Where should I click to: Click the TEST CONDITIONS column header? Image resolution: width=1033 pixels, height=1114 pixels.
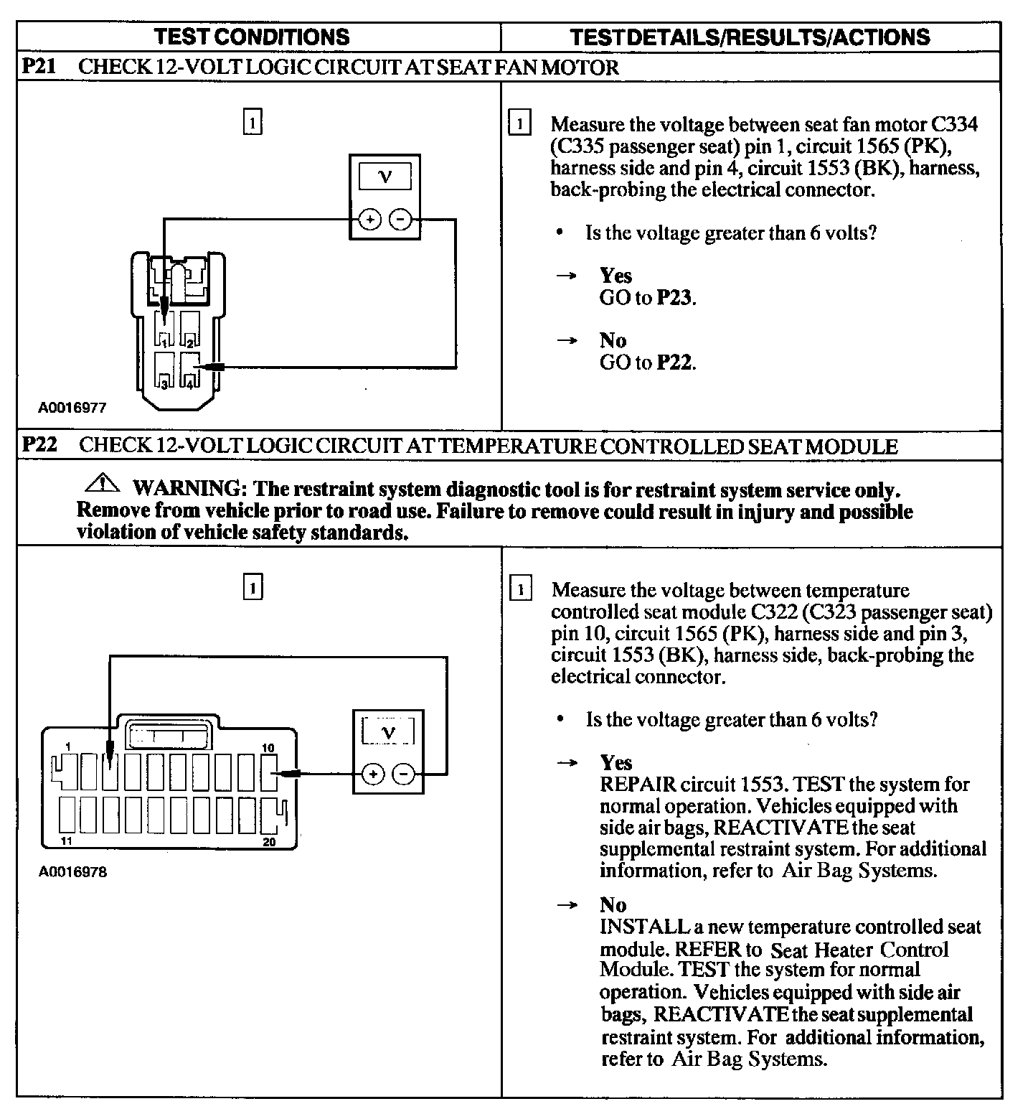(x=252, y=37)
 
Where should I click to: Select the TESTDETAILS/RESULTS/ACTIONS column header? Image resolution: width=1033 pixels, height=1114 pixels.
(x=750, y=37)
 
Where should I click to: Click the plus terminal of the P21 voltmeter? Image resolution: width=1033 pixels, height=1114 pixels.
(x=369, y=220)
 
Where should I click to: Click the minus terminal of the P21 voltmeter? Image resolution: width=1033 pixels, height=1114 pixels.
(x=401, y=220)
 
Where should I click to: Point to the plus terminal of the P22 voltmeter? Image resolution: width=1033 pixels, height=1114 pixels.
(x=372, y=774)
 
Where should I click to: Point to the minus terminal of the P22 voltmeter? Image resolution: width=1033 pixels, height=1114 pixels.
(x=405, y=774)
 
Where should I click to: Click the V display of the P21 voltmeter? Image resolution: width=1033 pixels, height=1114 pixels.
(x=385, y=177)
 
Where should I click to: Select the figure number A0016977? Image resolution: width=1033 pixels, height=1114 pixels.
(x=72, y=408)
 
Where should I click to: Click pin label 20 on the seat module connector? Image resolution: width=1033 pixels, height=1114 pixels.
(x=269, y=842)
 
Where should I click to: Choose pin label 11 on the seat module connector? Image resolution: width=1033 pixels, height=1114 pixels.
(x=67, y=841)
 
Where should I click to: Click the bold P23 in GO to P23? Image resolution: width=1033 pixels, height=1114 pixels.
(x=675, y=298)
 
